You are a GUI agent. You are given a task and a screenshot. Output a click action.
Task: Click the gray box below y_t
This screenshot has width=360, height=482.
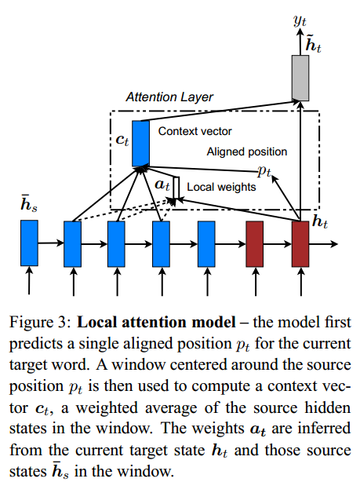point(300,77)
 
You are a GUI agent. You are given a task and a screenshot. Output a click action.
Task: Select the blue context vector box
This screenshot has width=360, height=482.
point(140,143)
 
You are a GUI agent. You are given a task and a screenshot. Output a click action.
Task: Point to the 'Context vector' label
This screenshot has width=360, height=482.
point(195,131)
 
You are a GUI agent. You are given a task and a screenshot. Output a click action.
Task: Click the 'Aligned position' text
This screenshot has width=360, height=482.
point(246,152)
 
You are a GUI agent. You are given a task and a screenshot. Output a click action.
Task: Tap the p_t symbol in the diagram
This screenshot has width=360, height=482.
point(264,170)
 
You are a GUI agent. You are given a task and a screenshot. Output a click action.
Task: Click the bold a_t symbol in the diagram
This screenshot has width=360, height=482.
point(163,185)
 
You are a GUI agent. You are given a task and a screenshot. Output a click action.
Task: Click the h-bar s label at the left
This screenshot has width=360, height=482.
point(28,208)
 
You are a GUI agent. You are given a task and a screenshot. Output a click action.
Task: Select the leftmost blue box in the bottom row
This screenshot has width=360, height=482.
point(29,243)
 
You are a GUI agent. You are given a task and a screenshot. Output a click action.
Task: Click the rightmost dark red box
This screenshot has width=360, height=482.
point(300,243)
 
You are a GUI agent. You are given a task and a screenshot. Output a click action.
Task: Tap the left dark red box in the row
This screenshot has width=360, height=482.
point(255,243)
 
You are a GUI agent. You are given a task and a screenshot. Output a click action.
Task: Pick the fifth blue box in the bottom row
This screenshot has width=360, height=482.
point(207,243)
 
